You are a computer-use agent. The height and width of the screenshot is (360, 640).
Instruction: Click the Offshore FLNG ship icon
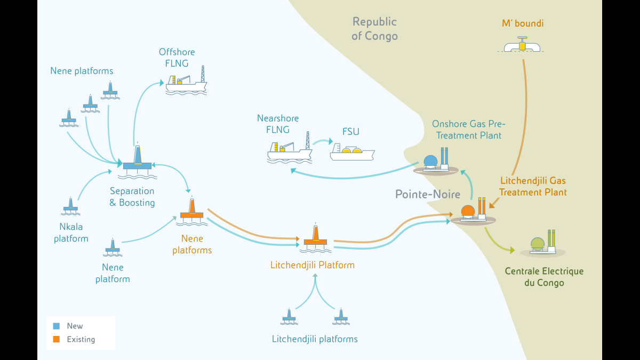186,83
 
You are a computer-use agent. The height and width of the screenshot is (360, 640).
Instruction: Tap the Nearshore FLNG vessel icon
290,150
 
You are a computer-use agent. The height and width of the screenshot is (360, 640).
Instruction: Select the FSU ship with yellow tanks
351,153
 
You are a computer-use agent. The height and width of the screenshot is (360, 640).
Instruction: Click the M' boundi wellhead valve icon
522,45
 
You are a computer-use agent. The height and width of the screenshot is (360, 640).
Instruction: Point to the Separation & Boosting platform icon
137,161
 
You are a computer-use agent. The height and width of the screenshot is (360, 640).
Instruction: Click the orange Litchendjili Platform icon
315,238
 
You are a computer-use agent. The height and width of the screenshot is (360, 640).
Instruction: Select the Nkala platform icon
70,206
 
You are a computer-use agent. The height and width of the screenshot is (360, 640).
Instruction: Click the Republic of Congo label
374,29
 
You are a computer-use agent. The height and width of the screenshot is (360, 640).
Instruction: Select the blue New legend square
57,326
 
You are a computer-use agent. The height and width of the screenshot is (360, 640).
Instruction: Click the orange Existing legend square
57,339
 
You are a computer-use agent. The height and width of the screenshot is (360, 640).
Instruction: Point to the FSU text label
351,131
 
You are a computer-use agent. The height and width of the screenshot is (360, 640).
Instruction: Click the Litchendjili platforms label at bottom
315,339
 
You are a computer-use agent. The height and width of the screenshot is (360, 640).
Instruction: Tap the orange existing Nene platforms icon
191,211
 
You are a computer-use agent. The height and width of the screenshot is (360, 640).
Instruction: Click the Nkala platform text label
71,233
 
